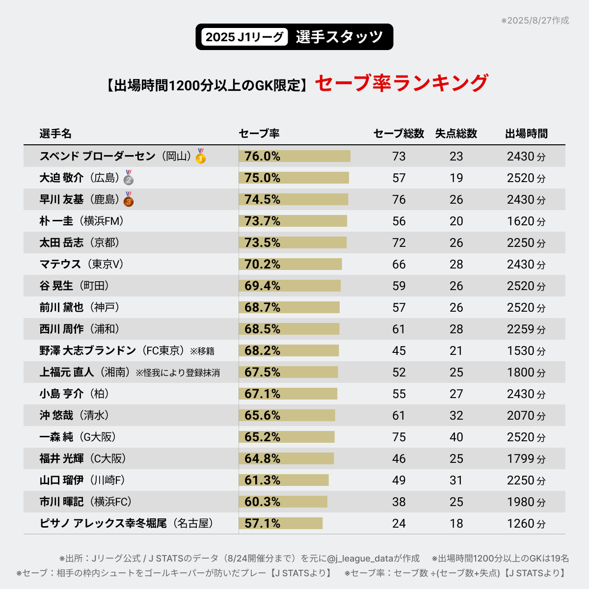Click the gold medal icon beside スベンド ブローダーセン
coord(200,156)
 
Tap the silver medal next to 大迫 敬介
coord(129,177)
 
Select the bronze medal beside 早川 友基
coord(129,199)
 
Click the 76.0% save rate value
coord(262,156)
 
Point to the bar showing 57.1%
coord(280,523)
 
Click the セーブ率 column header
coord(259,134)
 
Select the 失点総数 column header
coord(456,134)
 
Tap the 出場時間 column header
coord(526,134)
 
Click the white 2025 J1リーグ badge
coord(244,37)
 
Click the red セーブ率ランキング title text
coord(401,83)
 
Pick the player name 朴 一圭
coord(56,221)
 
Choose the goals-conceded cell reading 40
coord(456,437)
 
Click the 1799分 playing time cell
coord(526,458)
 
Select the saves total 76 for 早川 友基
coord(399,199)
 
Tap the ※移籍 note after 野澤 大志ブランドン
coord(202,351)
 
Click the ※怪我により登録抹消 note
coord(178,373)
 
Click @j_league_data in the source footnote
coord(360,559)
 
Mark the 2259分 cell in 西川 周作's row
coord(526,329)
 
